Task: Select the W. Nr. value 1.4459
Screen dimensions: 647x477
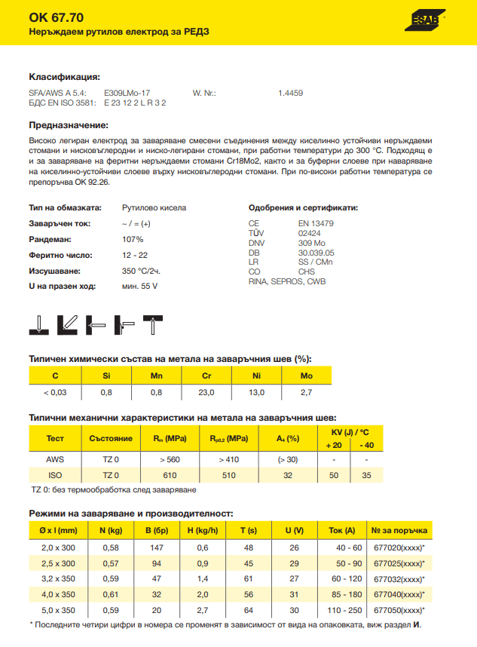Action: pos(290,93)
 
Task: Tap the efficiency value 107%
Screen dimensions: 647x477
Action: pos(133,239)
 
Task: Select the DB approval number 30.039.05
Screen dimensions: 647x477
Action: pos(316,253)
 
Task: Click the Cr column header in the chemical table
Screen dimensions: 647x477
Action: pos(206,376)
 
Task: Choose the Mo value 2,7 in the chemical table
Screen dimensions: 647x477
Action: pos(306,392)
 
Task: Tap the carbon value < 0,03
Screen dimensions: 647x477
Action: pos(54,392)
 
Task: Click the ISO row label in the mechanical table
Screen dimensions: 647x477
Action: pos(55,475)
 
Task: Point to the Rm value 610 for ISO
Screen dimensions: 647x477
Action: pos(169,475)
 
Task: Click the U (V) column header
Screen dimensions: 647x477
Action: pos(294,530)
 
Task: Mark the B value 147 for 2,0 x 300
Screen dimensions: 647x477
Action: pos(157,547)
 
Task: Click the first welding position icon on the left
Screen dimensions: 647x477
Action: pos(38,325)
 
